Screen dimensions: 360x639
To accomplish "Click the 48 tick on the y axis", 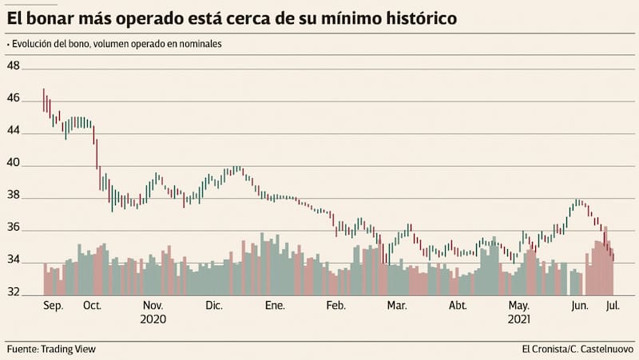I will (14, 66).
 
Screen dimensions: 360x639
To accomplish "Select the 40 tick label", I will (14, 165).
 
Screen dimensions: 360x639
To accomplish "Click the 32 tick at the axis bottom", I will (14, 292).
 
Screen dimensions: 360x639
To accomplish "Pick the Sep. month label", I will (53, 306).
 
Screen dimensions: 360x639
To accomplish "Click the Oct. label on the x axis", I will (92, 306).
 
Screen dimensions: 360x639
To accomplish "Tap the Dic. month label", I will (214, 306).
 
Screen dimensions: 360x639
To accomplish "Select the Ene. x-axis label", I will (275, 306).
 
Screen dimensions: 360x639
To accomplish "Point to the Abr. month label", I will (458, 306).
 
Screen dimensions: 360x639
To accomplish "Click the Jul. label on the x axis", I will (612, 306).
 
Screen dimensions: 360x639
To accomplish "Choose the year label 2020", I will (153, 319).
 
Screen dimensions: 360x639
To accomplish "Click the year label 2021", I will (519, 319).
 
